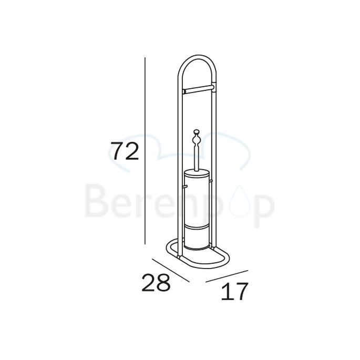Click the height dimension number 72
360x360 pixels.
pyautogui.click(x=125, y=151)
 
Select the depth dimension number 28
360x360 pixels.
pyautogui.click(x=156, y=283)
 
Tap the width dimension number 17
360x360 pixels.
pyautogui.click(x=234, y=292)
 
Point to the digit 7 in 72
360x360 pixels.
pyautogui.click(x=116, y=151)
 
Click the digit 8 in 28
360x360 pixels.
pyautogui.click(x=164, y=283)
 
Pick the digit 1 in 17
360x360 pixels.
pyautogui.click(x=225, y=292)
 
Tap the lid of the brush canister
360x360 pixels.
pyautogui.click(x=197, y=174)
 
